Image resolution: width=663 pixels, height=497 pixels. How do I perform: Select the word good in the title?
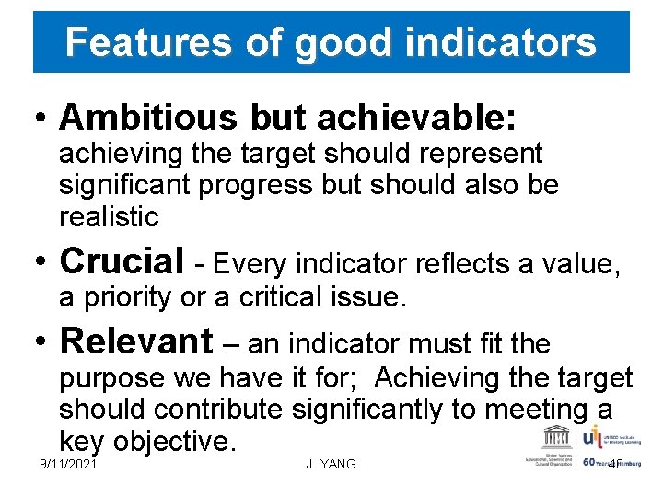[329, 42]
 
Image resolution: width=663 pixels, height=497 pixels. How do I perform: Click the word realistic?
[109, 217]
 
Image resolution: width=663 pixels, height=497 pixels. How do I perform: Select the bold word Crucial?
[121, 262]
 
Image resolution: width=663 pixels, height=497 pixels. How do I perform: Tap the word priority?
[123, 297]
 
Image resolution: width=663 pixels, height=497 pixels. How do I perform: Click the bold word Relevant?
[135, 342]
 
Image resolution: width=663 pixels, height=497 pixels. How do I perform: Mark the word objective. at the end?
[175, 441]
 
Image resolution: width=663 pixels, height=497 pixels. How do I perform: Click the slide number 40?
[616, 465]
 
